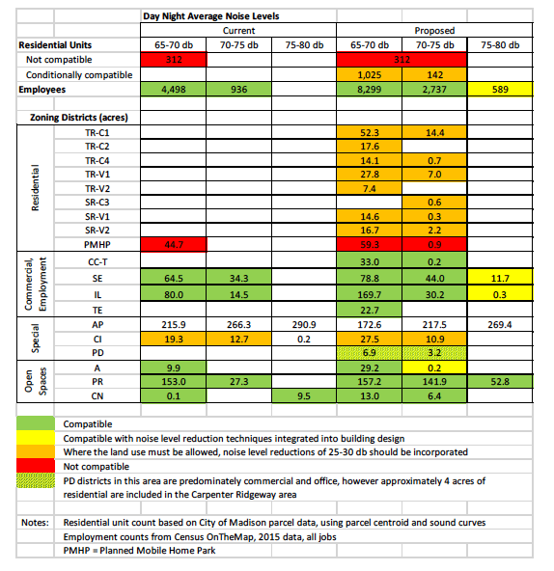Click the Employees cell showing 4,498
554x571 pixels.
pos(173,89)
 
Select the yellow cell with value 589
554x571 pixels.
pos(500,89)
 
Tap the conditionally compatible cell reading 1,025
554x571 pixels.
pos(370,74)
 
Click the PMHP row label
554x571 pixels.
pos(97,244)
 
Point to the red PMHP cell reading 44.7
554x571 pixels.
pos(174,244)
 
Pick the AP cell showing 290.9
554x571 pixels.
pos(304,324)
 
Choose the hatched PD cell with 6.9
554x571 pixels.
pos(370,353)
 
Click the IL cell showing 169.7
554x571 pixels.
pos(370,294)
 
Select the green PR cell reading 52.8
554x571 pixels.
pos(500,382)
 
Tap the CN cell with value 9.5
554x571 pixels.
pos(304,395)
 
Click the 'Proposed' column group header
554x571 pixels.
pos(434,31)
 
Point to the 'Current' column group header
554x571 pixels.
pos(238,31)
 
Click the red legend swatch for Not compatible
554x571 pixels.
pos(36,466)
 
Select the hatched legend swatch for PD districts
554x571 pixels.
pos(36,480)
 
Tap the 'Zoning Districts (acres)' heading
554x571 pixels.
pos(79,118)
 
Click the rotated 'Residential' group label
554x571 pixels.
pos(35,187)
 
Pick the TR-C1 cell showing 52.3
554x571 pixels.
pos(370,132)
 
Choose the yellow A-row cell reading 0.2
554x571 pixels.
pos(434,367)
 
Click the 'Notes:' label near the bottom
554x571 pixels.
pos(35,523)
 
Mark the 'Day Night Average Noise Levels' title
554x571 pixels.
pos(211,16)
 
